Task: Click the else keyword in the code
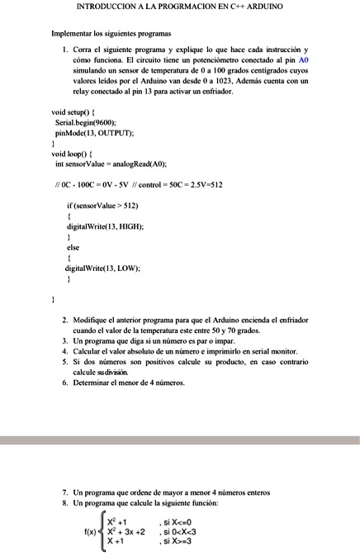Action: [x=73, y=247]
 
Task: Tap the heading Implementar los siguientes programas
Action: [x=111, y=34]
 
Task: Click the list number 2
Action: [x=65, y=319]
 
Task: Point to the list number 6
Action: [x=65, y=383]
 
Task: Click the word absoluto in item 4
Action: [x=136, y=351]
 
